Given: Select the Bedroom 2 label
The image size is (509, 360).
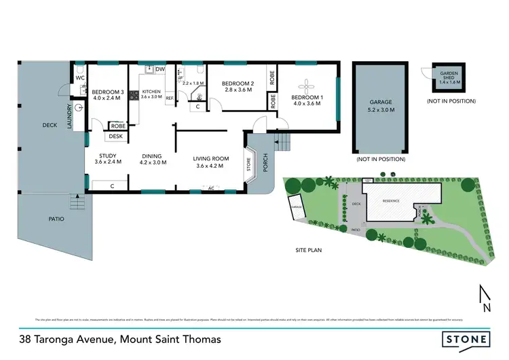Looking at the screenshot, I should click(x=238, y=86).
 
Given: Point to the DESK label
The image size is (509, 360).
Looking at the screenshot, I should click(x=115, y=137).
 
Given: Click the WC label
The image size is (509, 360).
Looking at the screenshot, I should click(x=79, y=77).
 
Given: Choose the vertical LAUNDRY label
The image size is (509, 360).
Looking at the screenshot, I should click(x=69, y=116).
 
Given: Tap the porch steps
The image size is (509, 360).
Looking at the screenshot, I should click(x=280, y=143).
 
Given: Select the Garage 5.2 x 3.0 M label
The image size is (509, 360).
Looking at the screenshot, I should click(x=381, y=105).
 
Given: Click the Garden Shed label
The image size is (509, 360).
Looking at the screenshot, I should click(x=449, y=77).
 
